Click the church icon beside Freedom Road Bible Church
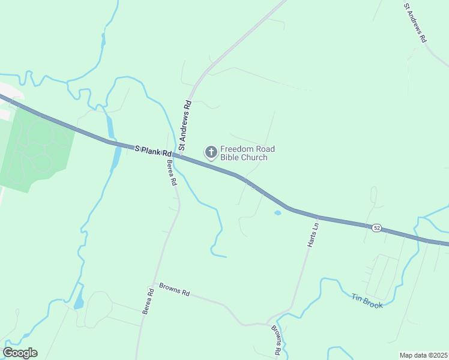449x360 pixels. pos(211,152)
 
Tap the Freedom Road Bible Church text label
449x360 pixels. pos(244,153)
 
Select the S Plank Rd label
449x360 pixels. pos(153,151)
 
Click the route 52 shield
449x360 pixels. pos(376,228)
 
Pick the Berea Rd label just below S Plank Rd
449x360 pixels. pos(172,172)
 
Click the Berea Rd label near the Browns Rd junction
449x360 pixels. pos(148,301)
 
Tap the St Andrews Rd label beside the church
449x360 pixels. pos(185,130)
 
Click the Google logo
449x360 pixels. pos(20,353)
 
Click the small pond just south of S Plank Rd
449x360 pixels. pos(277,212)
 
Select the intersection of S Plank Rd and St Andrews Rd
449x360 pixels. pos(179,156)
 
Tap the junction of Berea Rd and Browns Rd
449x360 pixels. pos(154,283)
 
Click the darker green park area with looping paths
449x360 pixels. pos(36,150)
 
